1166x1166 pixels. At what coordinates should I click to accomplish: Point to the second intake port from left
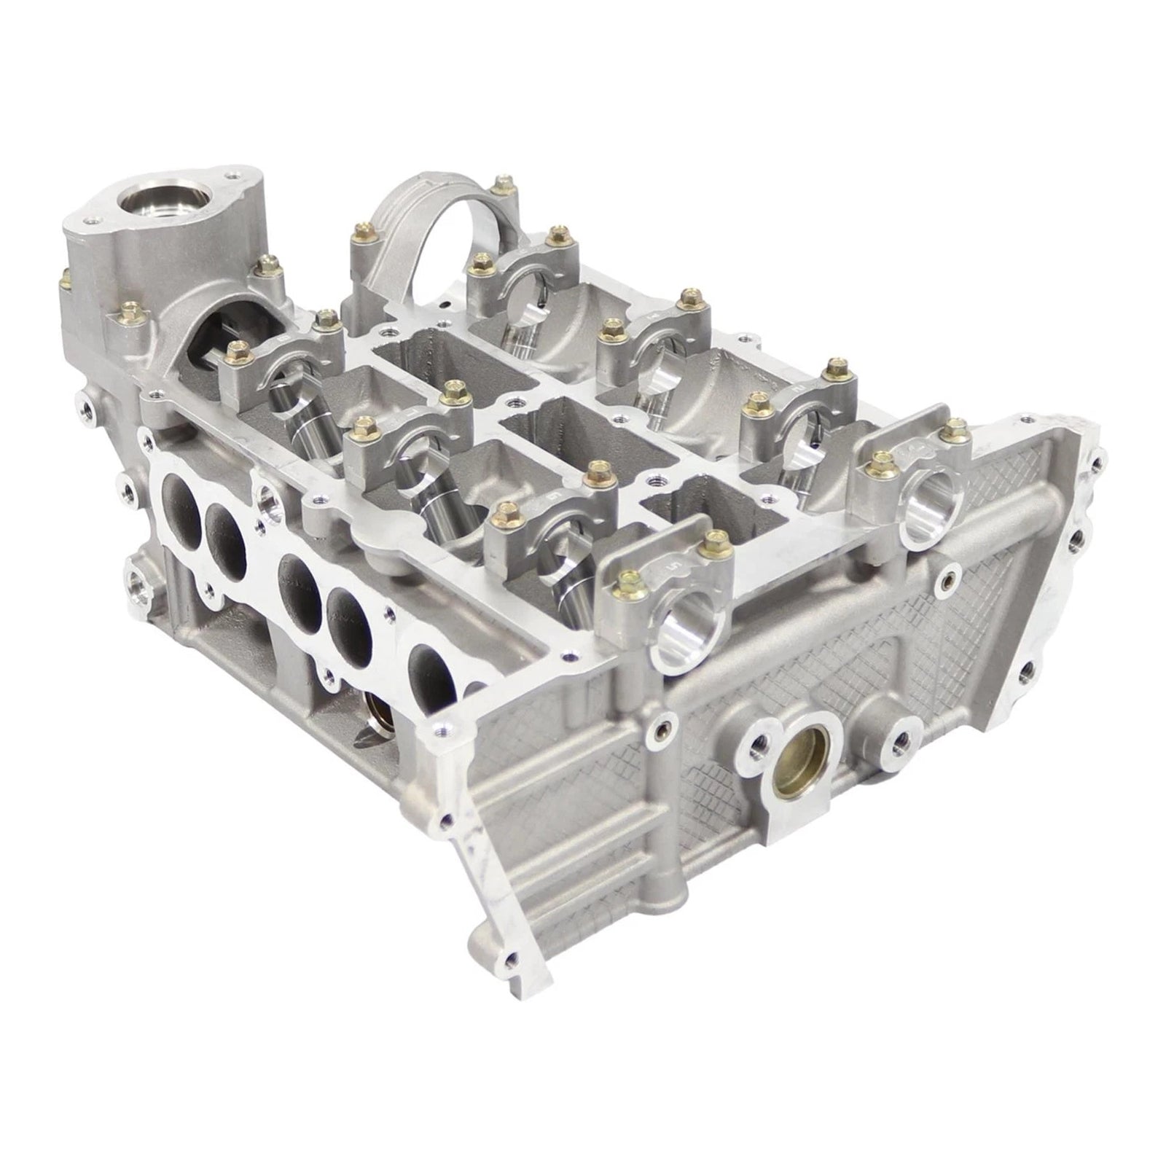tap(224, 530)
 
